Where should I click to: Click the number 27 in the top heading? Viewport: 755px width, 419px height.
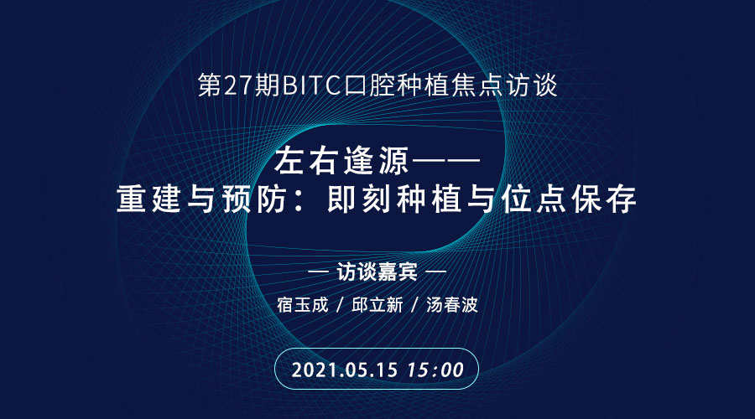tap(238, 86)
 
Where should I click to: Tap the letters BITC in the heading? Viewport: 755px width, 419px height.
tap(311, 86)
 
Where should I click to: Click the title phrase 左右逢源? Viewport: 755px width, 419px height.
tap(341, 161)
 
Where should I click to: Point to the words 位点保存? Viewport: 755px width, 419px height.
tap(569, 199)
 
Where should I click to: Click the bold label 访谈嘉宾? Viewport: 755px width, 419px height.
tap(377, 272)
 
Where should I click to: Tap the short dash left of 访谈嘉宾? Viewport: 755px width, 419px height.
tap(318, 272)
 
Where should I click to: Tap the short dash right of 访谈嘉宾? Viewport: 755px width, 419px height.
tap(435, 272)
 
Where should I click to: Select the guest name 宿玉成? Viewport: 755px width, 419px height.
tap(302, 305)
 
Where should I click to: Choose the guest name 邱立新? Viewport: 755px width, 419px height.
tap(377, 305)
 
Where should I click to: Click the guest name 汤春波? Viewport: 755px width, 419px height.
tap(451, 305)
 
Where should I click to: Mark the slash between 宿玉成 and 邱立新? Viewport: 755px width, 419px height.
tap(340, 305)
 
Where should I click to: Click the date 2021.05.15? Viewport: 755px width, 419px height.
tap(345, 370)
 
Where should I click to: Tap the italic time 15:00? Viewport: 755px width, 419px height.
tap(435, 370)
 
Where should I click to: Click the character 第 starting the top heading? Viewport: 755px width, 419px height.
tap(210, 86)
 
